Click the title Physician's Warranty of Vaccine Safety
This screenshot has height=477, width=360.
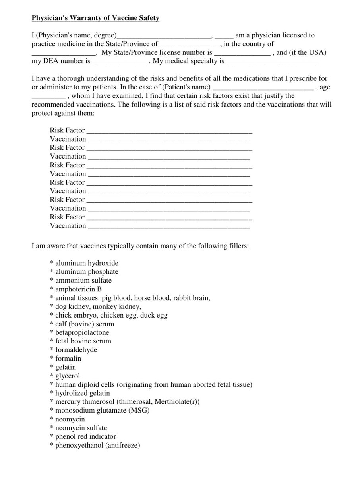click(x=97, y=18)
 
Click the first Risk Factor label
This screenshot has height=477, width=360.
click(x=67, y=130)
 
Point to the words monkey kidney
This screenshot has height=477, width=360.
click(x=117, y=306)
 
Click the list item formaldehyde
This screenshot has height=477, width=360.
click(x=76, y=350)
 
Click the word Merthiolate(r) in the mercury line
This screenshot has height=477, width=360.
click(x=177, y=402)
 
